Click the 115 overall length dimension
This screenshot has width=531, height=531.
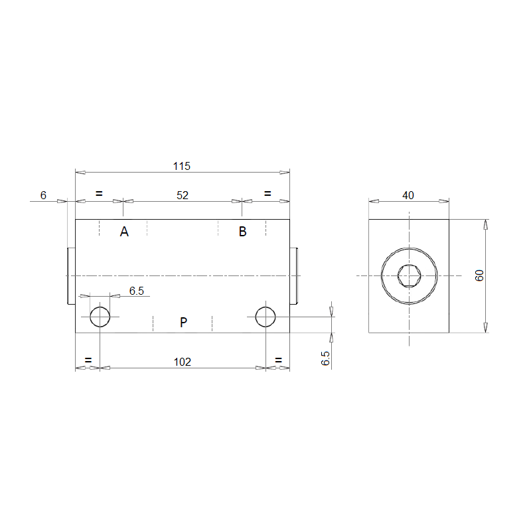(182, 167)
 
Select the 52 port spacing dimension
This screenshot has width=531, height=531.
(182, 195)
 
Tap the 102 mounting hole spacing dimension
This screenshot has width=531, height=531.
(182, 362)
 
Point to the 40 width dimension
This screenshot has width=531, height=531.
(408, 195)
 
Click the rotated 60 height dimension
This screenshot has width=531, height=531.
(479, 275)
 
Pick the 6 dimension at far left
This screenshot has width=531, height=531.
(43, 195)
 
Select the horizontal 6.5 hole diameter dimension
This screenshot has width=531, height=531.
(137, 291)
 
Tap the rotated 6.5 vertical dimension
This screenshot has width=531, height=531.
(325, 358)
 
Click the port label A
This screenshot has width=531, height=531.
(124, 232)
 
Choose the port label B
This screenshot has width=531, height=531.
(242, 232)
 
